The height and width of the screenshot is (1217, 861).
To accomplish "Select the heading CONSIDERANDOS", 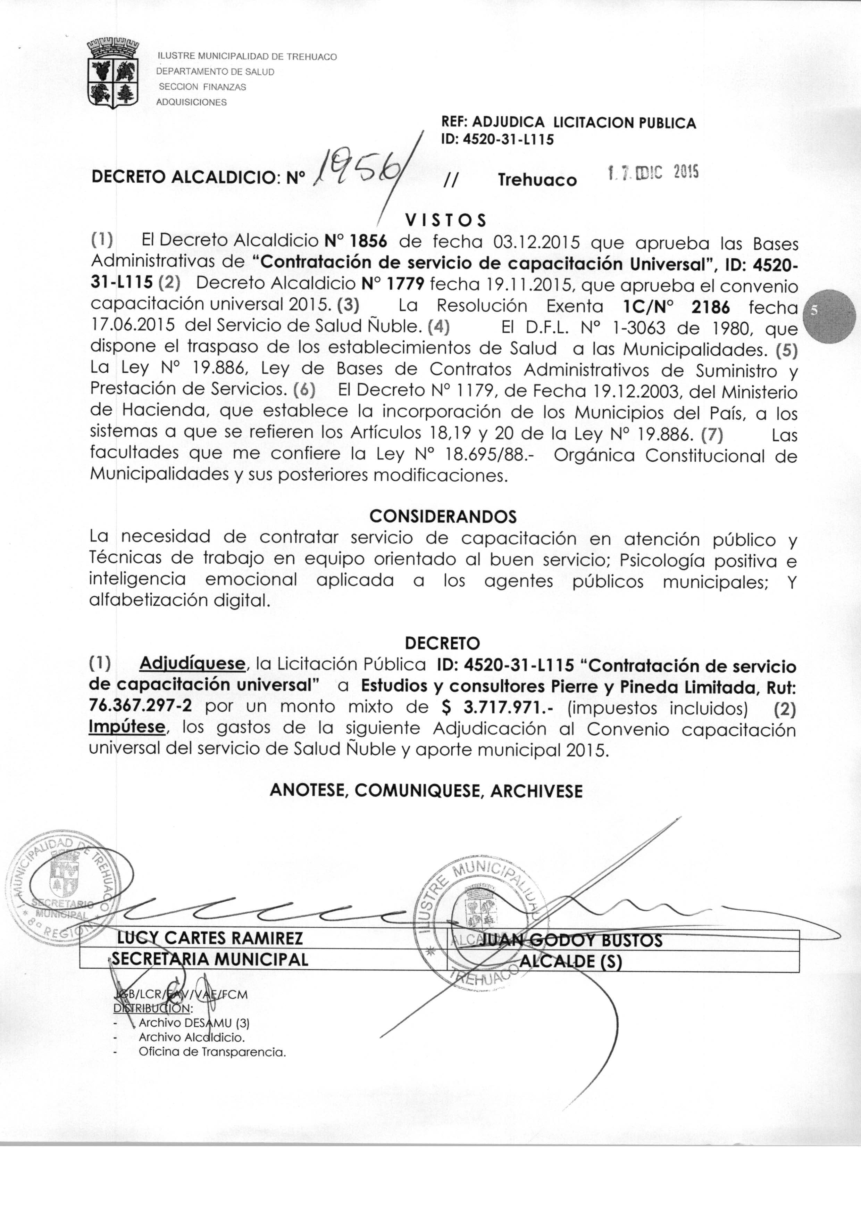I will point(443,516).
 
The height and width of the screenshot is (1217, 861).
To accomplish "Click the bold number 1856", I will point(369,241).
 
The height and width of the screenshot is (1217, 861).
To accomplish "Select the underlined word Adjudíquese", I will point(192,664).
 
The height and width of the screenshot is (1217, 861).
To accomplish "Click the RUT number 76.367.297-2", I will point(140,706).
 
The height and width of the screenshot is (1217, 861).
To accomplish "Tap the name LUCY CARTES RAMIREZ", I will point(210,938).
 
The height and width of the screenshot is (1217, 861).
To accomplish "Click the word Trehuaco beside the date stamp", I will point(537,180).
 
